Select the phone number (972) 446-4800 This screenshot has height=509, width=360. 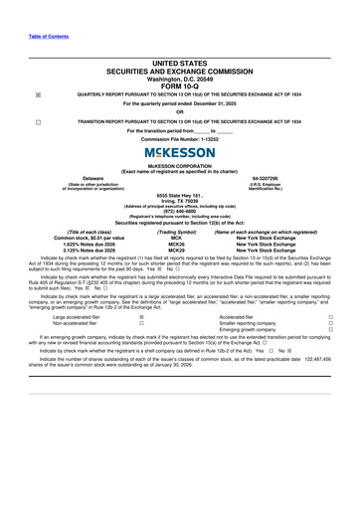click(180, 212)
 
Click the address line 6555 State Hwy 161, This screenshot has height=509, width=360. click(180, 196)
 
